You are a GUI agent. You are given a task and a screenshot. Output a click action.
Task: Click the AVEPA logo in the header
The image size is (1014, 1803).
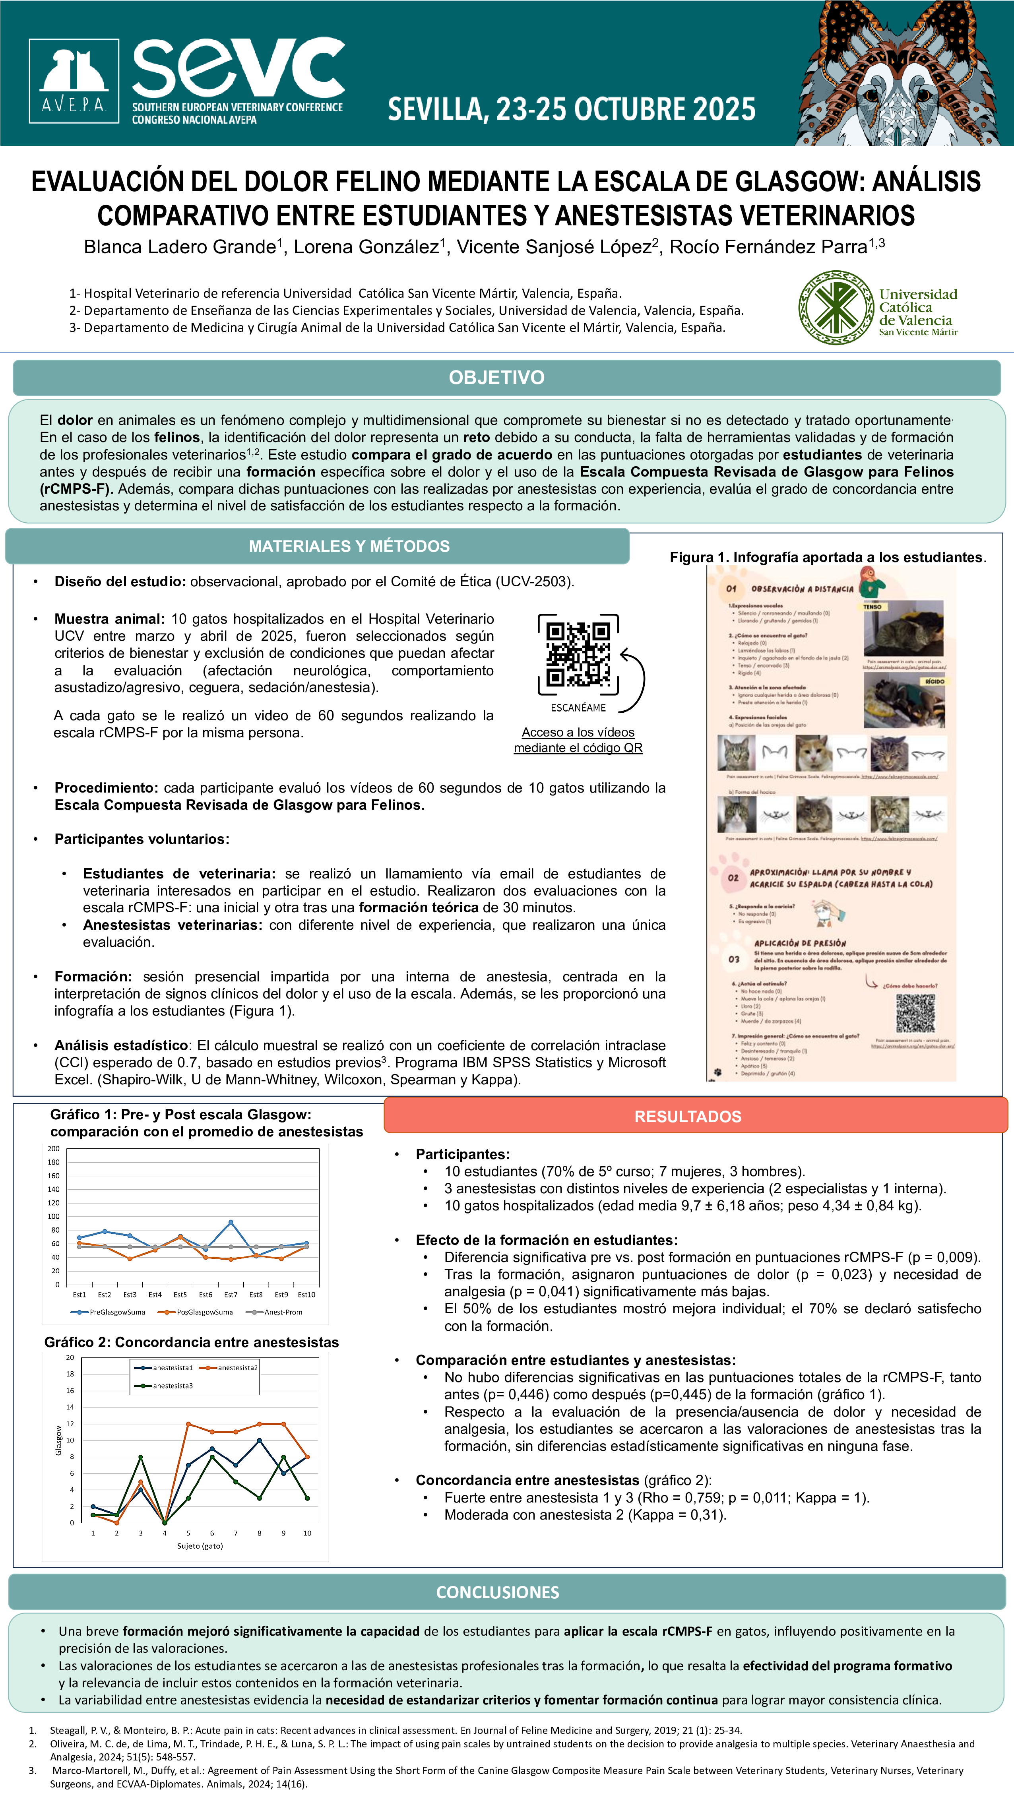pyautogui.click(x=74, y=81)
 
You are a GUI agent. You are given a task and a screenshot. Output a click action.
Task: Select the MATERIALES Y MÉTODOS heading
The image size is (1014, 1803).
pyautogui.click(x=349, y=546)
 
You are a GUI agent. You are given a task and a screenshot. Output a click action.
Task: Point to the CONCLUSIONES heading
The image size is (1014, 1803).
pyautogui.click(x=498, y=1592)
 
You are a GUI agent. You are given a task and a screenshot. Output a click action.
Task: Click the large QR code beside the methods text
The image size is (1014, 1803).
pyautogui.click(x=578, y=654)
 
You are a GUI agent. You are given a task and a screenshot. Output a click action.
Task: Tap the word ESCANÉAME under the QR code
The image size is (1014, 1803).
pyautogui.click(x=578, y=708)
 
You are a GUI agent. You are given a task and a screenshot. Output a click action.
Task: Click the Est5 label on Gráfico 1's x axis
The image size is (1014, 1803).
pyautogui.click(x=180, y=1294)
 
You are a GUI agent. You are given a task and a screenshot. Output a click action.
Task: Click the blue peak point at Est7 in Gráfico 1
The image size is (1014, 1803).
pyautogui.click(x=231, y=1222)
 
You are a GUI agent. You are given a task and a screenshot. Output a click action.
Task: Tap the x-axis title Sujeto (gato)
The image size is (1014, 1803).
pyautogui.click(x=200, y=1545)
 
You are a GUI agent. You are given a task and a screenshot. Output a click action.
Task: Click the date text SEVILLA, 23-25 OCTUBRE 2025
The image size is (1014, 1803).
pyautogui.click(x=572, y=109)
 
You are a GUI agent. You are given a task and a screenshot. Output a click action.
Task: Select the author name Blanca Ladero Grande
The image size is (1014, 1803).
pyautogui.click(x=180, y=247)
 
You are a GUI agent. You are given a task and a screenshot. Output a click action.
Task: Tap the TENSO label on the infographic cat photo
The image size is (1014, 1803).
pyautogui.click(x=872, y=607)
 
